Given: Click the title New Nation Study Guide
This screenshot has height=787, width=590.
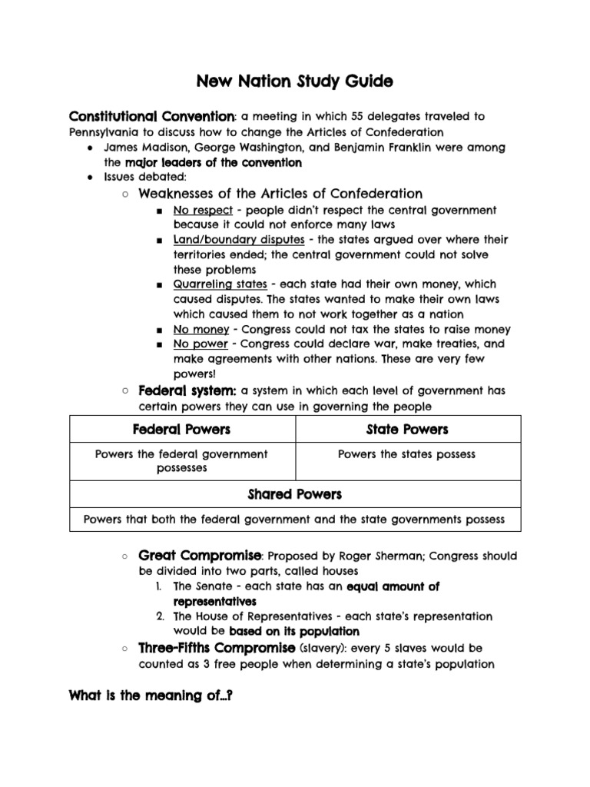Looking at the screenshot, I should tap(296, 80).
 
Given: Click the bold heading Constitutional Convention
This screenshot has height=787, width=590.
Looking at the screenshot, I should tap(151, 116).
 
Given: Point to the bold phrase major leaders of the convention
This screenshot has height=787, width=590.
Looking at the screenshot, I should tap(213, 163).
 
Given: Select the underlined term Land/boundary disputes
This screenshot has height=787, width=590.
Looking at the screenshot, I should tap(238, 240).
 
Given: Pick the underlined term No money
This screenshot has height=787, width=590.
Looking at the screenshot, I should tap(201, 330).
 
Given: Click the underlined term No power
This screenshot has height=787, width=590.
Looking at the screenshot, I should tap(201, 344).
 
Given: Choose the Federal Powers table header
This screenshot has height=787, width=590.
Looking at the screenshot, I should tap(181, 429).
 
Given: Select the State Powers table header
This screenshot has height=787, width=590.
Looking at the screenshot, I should tap(407, 429).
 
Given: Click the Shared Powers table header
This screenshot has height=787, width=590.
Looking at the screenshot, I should tap(295, 494).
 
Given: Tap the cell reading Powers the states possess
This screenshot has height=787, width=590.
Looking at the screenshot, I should tap(407, 454).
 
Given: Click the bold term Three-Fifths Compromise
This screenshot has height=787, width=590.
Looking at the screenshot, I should tap(216, 648).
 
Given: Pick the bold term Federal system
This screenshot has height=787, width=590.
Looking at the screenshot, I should tap(187, 390).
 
